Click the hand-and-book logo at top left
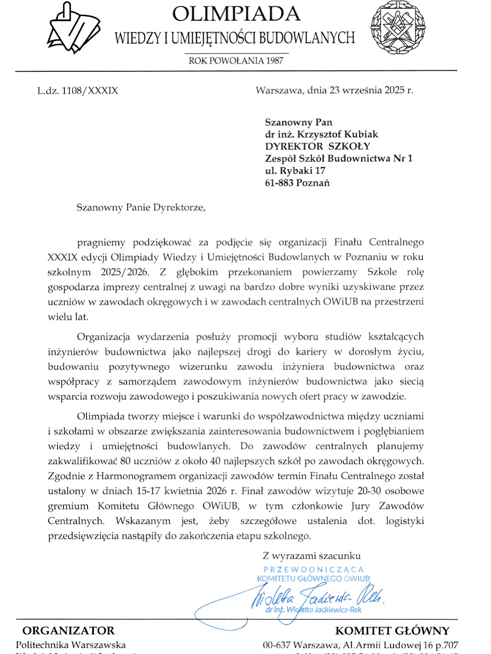74,29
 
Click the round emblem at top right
398,28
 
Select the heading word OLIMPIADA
236,14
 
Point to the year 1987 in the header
274,61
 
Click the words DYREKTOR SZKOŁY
318,146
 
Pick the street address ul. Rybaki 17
295,171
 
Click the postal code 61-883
279,183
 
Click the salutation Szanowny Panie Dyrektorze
140,207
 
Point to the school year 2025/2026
125,272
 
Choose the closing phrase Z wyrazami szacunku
312,556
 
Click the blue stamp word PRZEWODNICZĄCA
313,570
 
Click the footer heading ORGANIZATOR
69,631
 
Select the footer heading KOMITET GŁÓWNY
392,631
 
